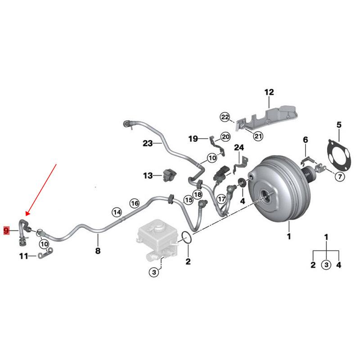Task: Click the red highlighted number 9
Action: coord(6,230)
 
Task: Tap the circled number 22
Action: coord(225,117)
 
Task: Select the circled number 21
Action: coord(258,136)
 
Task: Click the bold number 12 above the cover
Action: coord(269,92)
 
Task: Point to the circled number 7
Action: coord(340,176)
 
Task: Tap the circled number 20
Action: coord(225,137)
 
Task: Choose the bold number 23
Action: coord(148,144)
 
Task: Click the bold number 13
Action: coord(148,175)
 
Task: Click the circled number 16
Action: coord(135,203)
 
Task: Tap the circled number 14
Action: coord(117,212)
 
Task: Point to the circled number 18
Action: coord(198,195)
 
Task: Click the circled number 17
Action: coord(221,199)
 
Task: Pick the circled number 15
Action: coord(189,200)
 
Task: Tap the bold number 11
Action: coord(24,256)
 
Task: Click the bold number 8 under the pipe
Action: coord(98,251)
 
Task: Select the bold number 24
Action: coord(239,148)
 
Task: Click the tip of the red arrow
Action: coord(26,216)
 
